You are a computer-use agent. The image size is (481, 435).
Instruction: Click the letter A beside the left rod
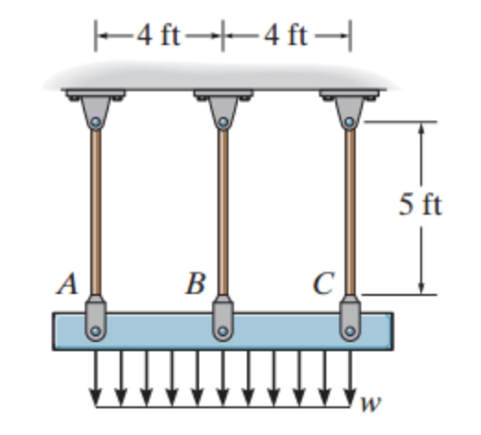click(x=66, y=285)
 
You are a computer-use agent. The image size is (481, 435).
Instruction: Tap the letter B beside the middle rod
click(x=195, y=285)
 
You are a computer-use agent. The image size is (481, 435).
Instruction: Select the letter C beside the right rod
click(x=323, y=285)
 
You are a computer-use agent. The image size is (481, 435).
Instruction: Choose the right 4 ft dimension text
click(x=286, y=36)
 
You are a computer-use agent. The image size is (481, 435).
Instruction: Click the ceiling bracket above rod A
click(x=95, y=110)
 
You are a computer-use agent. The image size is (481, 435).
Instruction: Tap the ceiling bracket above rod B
click(x=221, y=110)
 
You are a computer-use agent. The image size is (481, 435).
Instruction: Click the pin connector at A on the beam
click(x=95, y=318)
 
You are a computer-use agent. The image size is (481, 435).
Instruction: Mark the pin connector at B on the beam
click(x=221, y=318)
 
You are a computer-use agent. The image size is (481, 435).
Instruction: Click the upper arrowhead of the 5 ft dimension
click(x=420, y=129)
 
